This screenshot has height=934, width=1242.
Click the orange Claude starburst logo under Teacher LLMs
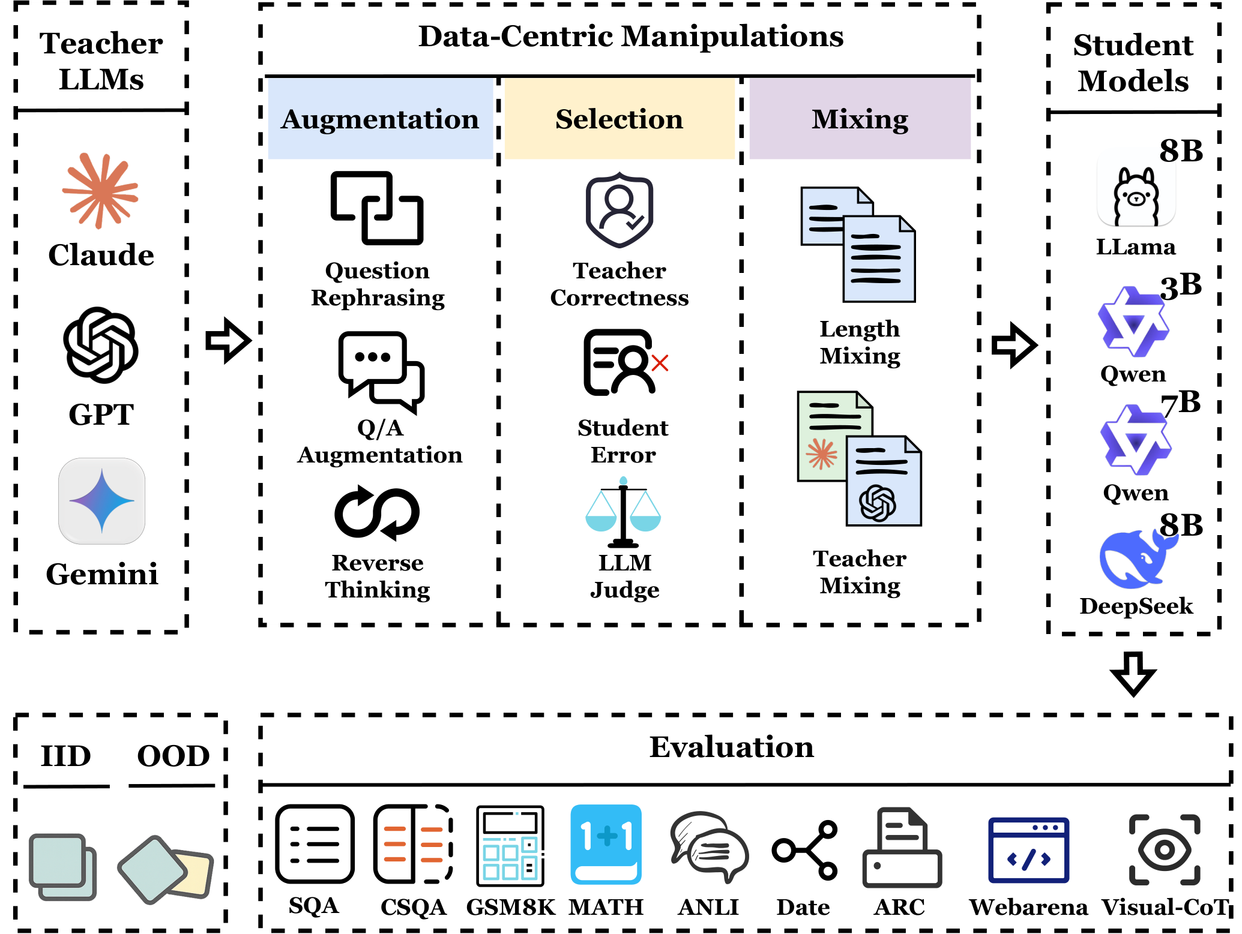coord(100,191)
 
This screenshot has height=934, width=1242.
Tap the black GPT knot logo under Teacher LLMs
coord(101,345)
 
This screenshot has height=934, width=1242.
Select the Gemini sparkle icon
coord(101,501)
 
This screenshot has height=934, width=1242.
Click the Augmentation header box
coord(380,119)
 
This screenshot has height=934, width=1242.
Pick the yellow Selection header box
coord(619,119)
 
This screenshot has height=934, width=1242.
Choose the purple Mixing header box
coord(860,119)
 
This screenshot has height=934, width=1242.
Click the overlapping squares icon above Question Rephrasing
coord(377,208)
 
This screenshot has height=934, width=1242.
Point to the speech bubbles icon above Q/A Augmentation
coord(381,371)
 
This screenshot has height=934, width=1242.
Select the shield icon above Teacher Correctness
coord(619,210)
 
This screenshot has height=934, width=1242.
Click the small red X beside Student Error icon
coord(660,363)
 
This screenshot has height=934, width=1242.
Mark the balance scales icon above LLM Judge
coord(623,513)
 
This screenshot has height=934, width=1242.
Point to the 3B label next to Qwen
coord(1181,286)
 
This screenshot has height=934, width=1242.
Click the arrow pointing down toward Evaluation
coord(1133,674)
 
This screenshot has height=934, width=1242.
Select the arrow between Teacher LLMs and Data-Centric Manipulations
coord(228,341)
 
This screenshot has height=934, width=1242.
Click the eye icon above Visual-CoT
coord(1165,849)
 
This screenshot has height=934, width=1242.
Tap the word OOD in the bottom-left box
coord(173,756)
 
